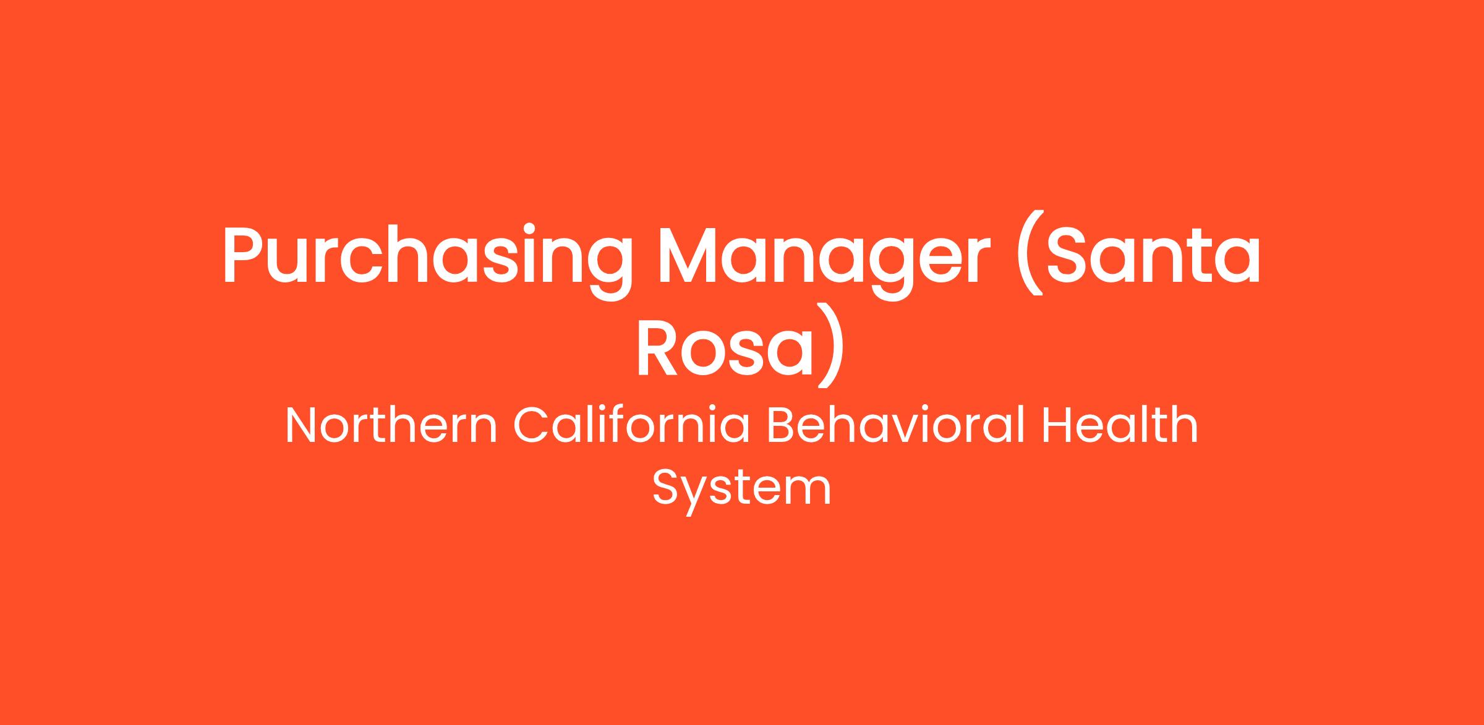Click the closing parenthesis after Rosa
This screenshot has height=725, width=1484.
click(x=830, y=346)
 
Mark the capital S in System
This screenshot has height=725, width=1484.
click(x=667, y=488)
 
